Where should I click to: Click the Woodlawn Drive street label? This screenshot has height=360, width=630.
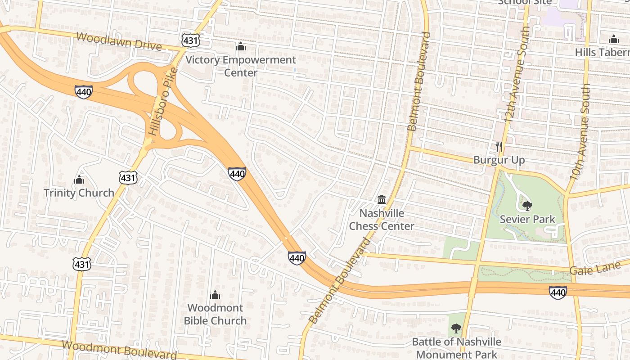118,41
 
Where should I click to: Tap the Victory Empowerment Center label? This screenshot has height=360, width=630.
241,66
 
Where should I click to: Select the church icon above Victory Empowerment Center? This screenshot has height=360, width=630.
241,46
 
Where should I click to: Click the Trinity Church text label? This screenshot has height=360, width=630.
79,193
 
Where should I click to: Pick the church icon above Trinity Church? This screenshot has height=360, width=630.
79,180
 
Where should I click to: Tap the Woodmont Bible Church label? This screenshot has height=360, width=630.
216,314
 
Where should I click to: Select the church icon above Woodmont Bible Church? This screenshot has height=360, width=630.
215,295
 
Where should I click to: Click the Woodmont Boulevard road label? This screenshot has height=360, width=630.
119,350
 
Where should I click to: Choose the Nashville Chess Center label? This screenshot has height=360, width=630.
382,220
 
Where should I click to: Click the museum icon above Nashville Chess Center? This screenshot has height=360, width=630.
382,199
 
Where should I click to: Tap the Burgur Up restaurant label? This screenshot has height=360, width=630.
499,160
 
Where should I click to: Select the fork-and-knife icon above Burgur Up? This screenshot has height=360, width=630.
499,146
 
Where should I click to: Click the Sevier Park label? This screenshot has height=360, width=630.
527,220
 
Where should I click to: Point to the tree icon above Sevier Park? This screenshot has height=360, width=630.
527,206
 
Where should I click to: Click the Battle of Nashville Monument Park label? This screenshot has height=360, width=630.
456,348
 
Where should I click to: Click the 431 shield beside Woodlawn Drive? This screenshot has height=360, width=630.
190,40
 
